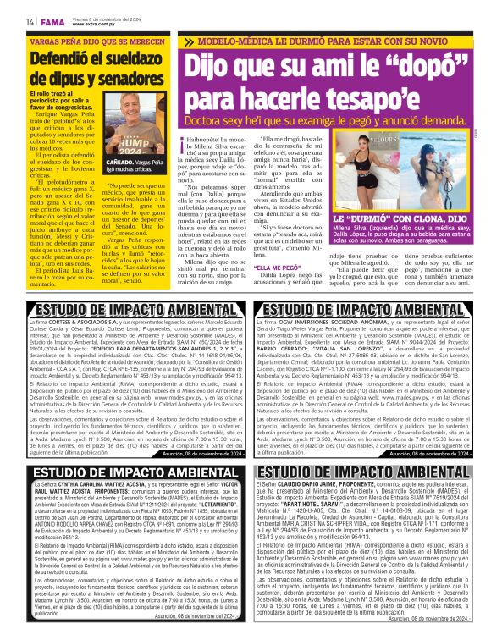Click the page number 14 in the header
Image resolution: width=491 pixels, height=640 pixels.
[x=30, y=22]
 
